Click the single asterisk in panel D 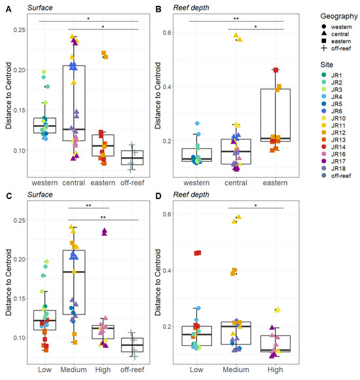(x=257, y=205)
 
